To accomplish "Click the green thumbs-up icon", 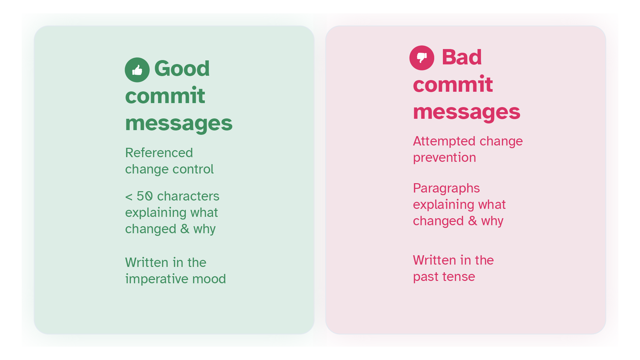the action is tap(137, 70).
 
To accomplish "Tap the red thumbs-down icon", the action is tap(422, 58).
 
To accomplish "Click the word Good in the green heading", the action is tap(182, 68).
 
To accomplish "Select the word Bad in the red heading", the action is tap(462, 57).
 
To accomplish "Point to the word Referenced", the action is tap(159, 153).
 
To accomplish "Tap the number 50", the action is tap(144, 196).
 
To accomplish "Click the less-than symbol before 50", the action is tap(129, 197).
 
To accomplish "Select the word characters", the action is tap(188, 196).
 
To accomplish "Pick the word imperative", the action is tap(156, 279).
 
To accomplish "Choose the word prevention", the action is tap(445, 158).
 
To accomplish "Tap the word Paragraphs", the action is tap(446, 189).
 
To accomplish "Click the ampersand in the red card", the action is tap(473, 221).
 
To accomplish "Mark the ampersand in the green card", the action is tap(185, 229).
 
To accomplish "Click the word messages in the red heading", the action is tap(467, 112).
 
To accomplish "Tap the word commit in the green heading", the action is tap(165, 96).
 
